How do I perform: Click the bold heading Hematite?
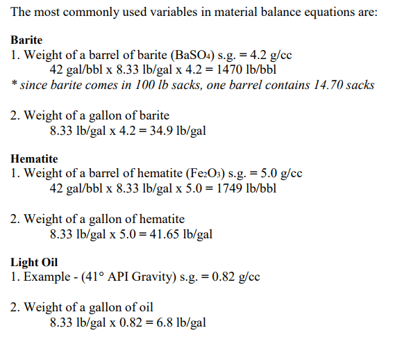coord(34,158)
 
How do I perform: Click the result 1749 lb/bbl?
coord(249,188)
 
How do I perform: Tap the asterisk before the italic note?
coord(14,85)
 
